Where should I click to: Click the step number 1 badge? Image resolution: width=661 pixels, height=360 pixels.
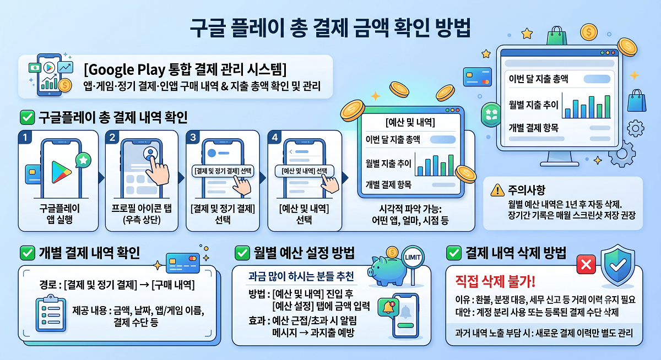click(25, 138)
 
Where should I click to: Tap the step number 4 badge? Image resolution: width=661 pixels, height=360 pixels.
click(275, 138)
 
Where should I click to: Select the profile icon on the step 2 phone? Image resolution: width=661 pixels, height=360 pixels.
click(150, 153)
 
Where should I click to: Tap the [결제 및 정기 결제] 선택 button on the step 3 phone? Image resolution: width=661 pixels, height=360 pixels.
click(223, 171)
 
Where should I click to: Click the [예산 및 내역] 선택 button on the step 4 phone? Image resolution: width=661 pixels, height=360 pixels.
click(304, 171)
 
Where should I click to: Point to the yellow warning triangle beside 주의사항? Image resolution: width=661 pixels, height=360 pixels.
click(497, 190)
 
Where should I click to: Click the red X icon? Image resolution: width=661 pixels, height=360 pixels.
click(586, 264)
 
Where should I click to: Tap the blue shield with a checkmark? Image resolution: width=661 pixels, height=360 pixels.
click(618, 265)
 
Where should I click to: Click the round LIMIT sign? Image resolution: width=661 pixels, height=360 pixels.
click(413, 257)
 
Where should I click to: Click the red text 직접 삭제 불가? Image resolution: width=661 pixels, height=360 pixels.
click(495, 281)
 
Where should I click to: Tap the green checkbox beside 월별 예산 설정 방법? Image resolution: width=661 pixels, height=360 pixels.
click(242, 253)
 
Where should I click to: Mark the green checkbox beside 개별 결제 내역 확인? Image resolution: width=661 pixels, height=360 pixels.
click(28, 253)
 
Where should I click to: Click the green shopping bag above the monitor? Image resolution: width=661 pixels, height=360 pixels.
click(557, 35)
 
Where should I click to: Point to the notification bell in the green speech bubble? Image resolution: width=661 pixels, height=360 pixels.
click(389, 308)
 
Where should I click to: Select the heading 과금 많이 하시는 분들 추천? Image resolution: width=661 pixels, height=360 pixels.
click(301, 276)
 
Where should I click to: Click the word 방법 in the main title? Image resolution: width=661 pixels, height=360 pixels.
click(453, 28)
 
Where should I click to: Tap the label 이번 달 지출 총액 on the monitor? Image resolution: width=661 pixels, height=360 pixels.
click(538, 79)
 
